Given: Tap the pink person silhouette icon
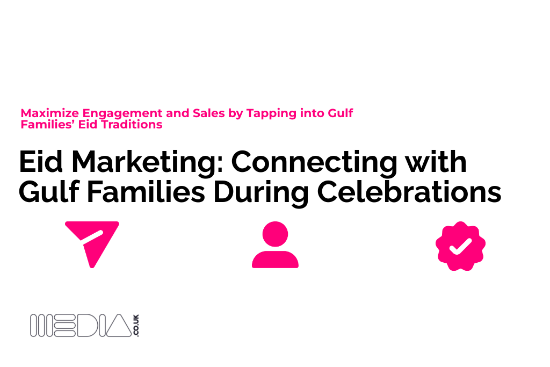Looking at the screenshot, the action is (x=276, y=244).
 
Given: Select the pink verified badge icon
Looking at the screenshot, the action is (x=460, y=246).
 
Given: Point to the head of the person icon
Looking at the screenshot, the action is (x=276, y=234).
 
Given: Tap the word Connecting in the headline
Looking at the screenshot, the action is (x=314, y=163).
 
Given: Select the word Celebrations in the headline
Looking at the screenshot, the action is (x=409, y=192).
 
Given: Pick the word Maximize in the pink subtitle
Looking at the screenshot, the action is (x=50, y=113).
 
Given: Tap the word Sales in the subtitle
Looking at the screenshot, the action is (x=209, y=113).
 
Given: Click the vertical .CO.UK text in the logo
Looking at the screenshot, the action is (x=136, y=326).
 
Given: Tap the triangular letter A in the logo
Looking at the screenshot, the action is (x=119, y=326).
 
